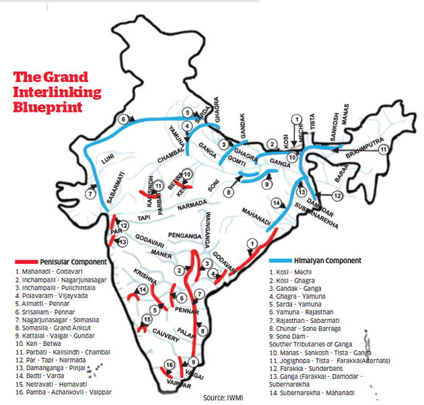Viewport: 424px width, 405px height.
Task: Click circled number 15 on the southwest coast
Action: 145,321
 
